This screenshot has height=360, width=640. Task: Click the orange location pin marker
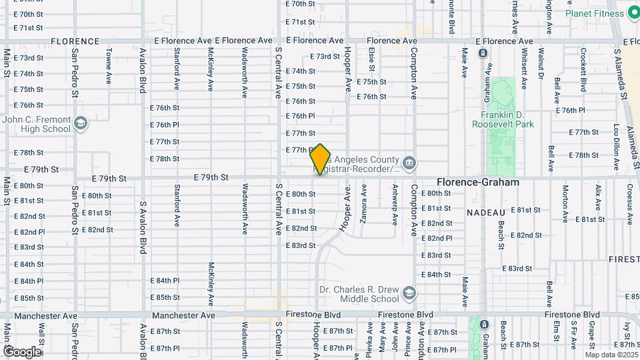[x=321, y=159]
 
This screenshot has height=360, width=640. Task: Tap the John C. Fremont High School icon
[x=81, y=123]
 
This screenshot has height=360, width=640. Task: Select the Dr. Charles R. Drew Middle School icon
[x=409, y=293]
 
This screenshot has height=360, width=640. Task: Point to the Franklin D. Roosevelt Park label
[x=503, y=119]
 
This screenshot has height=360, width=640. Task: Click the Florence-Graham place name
[x=477, y=182]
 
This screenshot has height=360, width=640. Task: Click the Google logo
[x=22, y=351]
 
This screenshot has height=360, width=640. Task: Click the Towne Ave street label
[x=109, y=65]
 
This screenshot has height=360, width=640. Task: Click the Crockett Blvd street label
[x=583, y=69]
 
